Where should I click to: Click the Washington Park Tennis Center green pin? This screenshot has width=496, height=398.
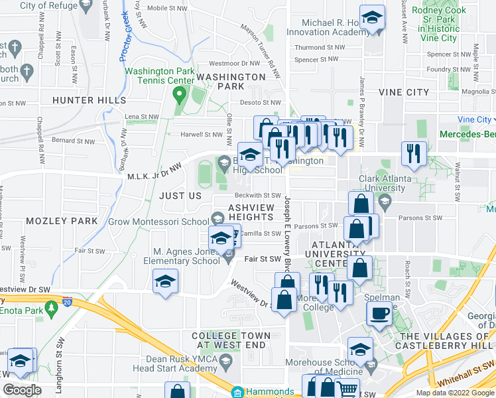coord(178,94)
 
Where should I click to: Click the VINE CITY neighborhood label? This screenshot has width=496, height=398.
coord(403,92)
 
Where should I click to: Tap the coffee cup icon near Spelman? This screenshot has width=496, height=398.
coord(379,314)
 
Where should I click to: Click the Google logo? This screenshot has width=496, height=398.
coord(22,390)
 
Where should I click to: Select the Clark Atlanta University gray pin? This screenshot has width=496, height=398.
coord(383,178)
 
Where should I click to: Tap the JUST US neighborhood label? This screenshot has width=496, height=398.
coord(180,196)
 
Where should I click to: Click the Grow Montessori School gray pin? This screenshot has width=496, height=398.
coord(217,218)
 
